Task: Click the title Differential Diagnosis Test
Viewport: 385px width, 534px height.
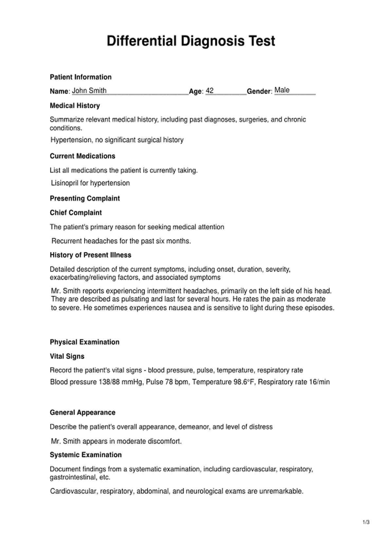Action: tap(191, 41)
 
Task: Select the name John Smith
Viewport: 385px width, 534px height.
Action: tap(89, 91)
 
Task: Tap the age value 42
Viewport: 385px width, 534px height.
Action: tap(210, 91)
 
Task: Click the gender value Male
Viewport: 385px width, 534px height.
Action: tap(282, 90)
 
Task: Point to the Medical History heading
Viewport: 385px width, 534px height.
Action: tap(75, 105)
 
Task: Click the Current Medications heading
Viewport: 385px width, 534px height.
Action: tap(82, 156)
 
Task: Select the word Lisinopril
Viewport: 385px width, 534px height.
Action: tap(64, 183)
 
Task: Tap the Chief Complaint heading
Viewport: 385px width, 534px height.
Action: tap(76, 213)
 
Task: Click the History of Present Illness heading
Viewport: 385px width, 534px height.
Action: tap(90, 255)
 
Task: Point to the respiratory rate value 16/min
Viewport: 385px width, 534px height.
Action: tap(319, 382)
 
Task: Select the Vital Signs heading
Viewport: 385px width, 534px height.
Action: tap(67, 356)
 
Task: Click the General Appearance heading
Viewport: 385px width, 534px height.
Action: tap(82, 412)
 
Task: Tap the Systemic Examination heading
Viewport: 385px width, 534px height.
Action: tap(85, 455)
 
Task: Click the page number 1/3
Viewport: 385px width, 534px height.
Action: tap(366, 522)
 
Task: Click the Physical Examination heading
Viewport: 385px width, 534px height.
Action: tap(84, 342)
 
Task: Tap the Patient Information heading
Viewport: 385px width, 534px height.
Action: tap(81, 77)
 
